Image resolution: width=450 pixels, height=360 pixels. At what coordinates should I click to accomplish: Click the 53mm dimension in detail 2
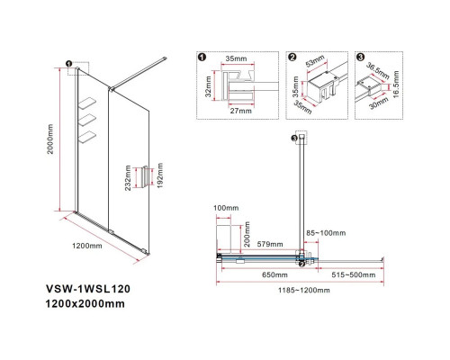point(316,64)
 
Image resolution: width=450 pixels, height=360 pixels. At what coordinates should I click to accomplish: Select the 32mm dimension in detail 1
point(207,90)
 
